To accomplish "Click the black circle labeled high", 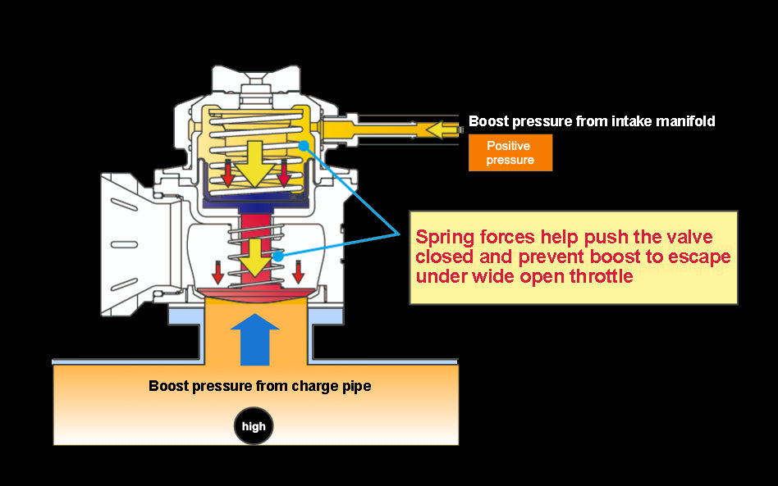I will click(x=254, y=426).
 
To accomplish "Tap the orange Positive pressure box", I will click(x=510, y=152).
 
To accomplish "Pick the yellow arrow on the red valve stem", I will click(x=254, y=255).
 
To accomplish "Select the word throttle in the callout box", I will click(x=602, y=276).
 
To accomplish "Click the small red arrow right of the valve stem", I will click(x=297, y=270).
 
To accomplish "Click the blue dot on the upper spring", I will click(x=304, y=146).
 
